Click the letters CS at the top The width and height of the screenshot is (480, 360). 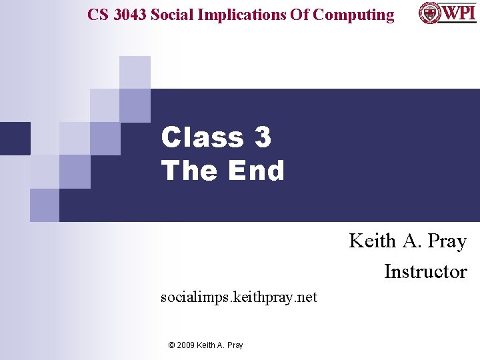click(x=98, y=15)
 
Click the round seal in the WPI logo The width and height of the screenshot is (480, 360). click(x=429, y=13)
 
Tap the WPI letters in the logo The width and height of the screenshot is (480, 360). click(x=459, y=13)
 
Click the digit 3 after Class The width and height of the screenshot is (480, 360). click(x=263, y=137)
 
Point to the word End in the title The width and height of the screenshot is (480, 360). click(x=256, y=171)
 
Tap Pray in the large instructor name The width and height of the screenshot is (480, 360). click(x=447, y=241)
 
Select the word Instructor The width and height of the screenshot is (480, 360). click(x=425, y=271)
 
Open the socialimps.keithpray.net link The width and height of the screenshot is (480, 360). click(x=239, y=297)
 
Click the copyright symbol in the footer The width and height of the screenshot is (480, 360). click(x=171, y=345)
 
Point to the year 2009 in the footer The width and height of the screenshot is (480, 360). click(x=187, y=345)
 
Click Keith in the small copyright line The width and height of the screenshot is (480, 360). click(x=209, y=345)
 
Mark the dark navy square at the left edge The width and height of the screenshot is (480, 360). click(x=15, y=138)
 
